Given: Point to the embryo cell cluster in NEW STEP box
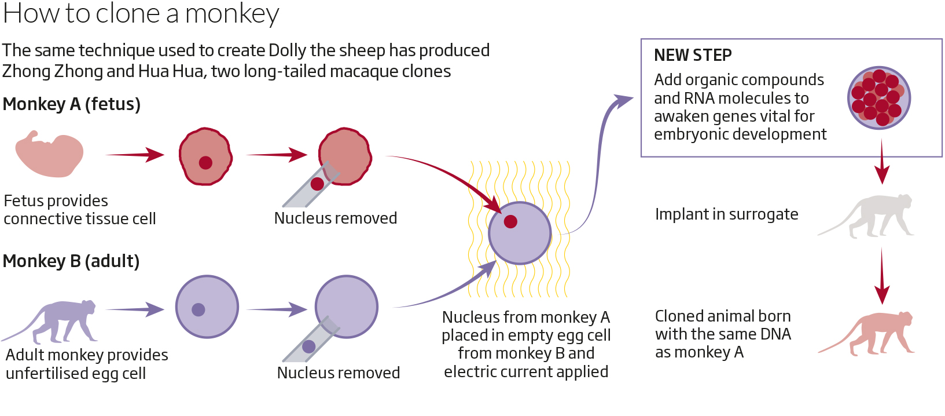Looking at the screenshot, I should [879, 97].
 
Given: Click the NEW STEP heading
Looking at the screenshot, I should [693, 55].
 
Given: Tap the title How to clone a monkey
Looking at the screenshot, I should [141, 13].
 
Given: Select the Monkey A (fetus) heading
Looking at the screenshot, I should [72, 104].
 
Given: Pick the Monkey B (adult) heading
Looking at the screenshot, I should [71, 261].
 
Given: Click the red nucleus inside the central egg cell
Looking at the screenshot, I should [510, 221].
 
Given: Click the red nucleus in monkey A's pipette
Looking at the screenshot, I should [317, 184].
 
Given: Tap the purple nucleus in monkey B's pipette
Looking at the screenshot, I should [309, 346].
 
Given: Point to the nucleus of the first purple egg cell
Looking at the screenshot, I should [198, 309].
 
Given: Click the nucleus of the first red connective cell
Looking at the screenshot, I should [205, 163].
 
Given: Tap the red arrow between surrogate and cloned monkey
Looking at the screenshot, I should [881, 276].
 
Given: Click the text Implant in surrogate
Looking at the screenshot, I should [726, 214].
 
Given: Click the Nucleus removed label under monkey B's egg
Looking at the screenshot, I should [339, 373].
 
